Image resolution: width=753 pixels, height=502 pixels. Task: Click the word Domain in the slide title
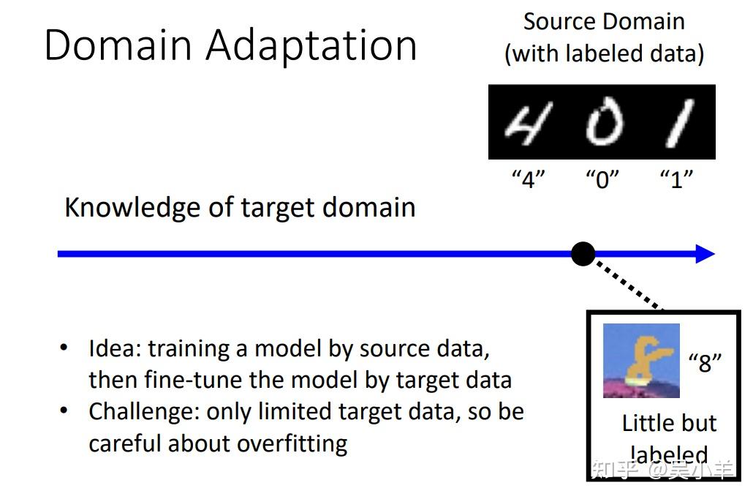pyautogui.click(x=119, y=45)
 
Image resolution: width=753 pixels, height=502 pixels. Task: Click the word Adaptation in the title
pyautogui.click(x=311, y=46)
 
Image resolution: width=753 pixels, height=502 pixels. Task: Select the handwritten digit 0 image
pyautogui.click(x=604, y=123)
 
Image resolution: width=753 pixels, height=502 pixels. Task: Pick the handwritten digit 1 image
pyautogui.click(x=678, y=123)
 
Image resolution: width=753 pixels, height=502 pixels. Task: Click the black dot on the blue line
pyautogui.click(x=583, y=254)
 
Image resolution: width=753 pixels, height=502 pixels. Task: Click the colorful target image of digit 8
pyautogui.click(x=641, y=361)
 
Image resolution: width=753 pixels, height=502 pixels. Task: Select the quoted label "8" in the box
pyautogui.click(x=705, y=361)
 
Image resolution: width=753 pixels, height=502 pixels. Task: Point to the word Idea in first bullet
pyautogui.click(x=114, y=348)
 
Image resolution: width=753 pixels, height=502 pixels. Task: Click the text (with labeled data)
pyautogui.click(x=604, y=54)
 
